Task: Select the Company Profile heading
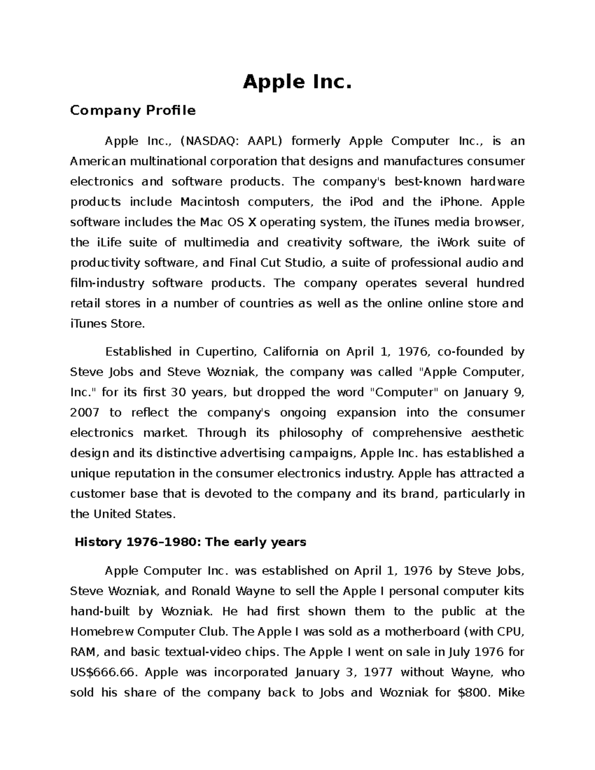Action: (132, 111)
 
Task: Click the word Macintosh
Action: (210, 202)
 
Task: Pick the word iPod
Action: (361, 202)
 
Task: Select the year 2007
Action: (85, 413)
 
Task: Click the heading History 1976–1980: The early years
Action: (190, 542)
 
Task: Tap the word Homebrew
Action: (102, 632)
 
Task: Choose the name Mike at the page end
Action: (511, 693)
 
